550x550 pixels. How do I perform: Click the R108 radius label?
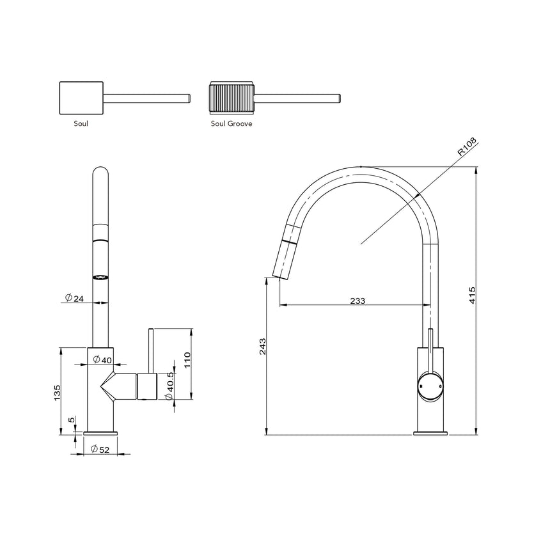[467, 148]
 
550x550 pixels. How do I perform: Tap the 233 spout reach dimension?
[357, 300]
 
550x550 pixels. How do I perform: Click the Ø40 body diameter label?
[102, 360]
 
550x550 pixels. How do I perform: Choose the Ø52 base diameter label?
[100, 449]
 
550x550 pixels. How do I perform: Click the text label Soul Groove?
[231, 124]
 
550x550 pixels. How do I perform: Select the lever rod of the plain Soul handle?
[146, 98]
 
